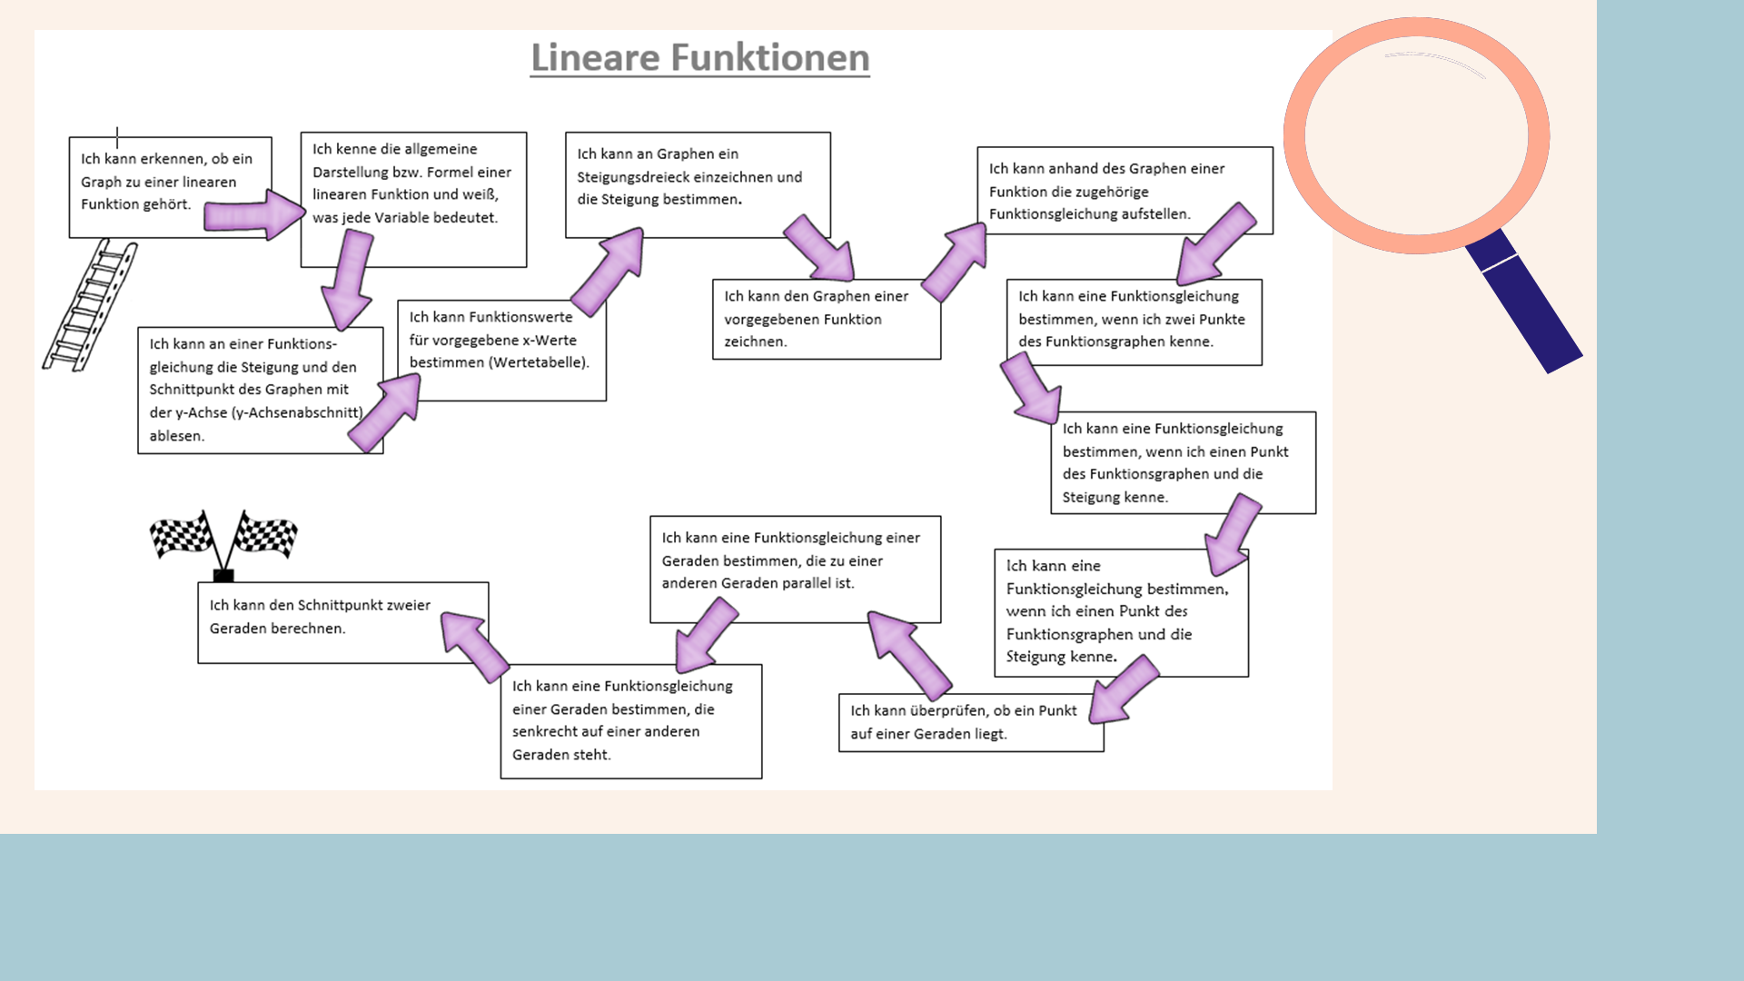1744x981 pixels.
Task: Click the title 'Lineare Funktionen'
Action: tap(699, 58)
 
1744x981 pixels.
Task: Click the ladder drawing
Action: tap(90, 304)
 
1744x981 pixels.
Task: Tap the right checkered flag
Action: tap(265, 533)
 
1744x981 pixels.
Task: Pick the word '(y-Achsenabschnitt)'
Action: tap(297, 412)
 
